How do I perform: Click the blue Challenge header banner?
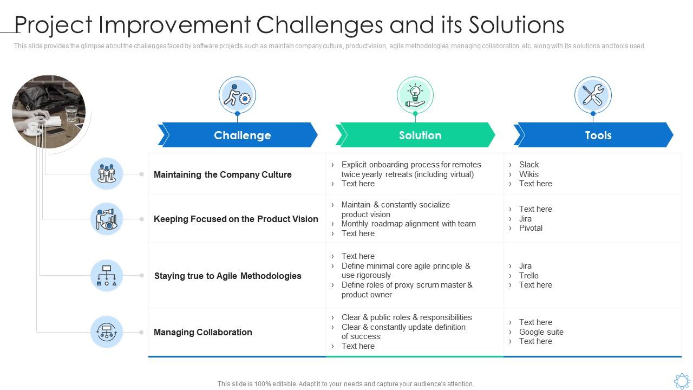point(238,135)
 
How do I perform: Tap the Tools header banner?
point(593,135)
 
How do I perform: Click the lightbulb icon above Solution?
point(415,95)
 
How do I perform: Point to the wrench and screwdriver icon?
point(593,95)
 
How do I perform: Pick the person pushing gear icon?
point(237,95)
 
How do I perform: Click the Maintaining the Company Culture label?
point(223,174)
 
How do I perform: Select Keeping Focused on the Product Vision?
point(236,219)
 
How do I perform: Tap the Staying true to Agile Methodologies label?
point(228,276)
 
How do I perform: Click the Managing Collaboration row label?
point(203,332)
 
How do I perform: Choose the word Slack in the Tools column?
point(529,165)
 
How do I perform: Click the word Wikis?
point(529,174)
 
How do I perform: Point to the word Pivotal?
point(531,228)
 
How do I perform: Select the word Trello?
point(529,276)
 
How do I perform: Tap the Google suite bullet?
point(541,332)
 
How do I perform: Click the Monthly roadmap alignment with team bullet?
point(408,224)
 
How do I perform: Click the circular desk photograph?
point(49,112)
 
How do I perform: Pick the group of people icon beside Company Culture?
point(107,174)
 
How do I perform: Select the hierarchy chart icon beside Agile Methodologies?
point(107,276)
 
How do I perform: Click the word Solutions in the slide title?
point(517,25)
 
